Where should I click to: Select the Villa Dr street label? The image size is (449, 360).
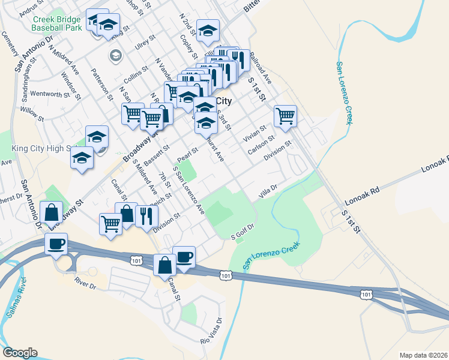click(x=268, y=192)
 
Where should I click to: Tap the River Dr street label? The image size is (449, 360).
click(x=85, y=280)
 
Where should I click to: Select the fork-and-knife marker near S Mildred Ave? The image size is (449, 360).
click(x=145, y=215)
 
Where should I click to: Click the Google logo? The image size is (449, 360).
click(x=20, y=353)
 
